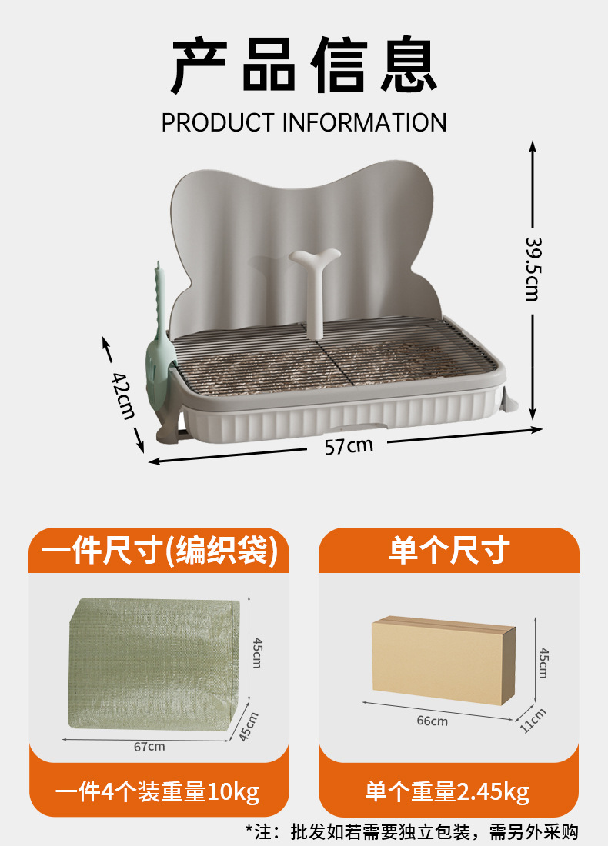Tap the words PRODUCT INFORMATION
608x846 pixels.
[x=304, y=122]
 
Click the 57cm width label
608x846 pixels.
[x=349, y=445]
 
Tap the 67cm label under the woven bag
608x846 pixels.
[x=149, y=746]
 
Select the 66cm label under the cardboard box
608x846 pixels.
[x=433, y=721]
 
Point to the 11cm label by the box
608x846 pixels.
[x=533, y=720]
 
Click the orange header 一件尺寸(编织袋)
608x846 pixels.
[x=159, y=551]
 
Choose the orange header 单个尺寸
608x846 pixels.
[x=449, y=551]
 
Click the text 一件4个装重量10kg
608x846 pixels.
[x=158, y=791]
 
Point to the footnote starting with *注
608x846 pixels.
[x=411, y=831]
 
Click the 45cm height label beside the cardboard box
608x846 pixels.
[x=543, y=661]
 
